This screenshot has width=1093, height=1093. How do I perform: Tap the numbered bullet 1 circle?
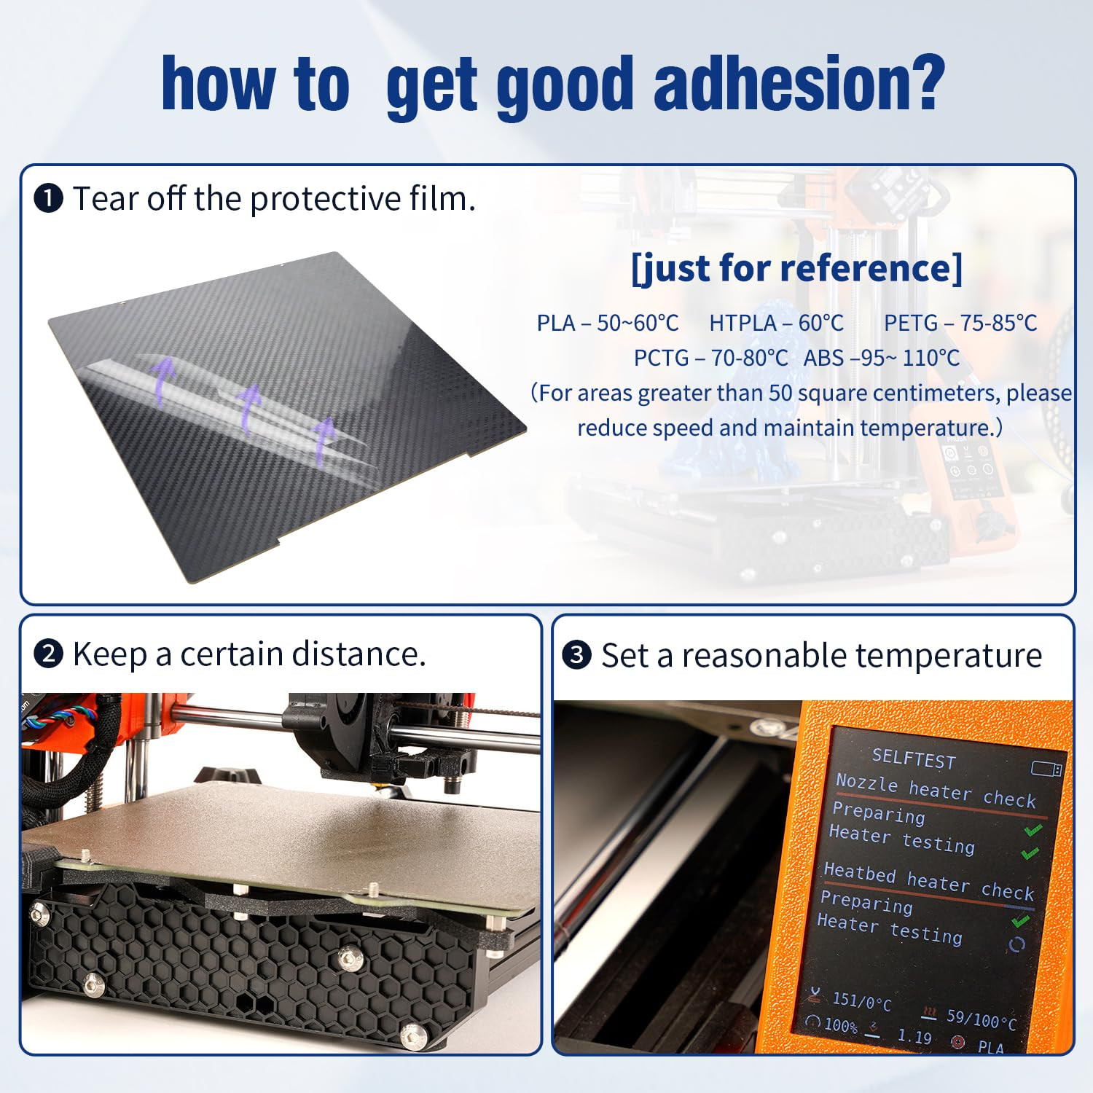click(x=49, y=199)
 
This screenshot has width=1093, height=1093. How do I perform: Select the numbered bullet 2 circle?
click(x=49, y=654)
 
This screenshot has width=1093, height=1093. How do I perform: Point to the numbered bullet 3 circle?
click(x=577, y=655)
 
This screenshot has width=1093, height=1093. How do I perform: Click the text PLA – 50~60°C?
click(x=608, y=323)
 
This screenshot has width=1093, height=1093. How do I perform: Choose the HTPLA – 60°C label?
click(x=777, y=323)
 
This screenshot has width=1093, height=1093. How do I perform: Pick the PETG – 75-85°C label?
click(x=960, y=323)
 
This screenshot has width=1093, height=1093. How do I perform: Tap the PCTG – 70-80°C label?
click(x=710, y=358)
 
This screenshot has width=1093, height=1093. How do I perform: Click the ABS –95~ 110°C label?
click(x=882, y=358)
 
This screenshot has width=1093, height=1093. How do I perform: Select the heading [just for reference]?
click(x=797, y=268)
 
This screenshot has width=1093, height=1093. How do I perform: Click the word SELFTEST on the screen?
click(x=914, y=759)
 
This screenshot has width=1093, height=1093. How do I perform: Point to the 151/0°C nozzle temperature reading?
click(x=861, y=1002)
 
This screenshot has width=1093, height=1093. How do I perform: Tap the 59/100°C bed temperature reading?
click(x=981, y=1019)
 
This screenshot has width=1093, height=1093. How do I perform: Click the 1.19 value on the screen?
click(x=914, y=1035)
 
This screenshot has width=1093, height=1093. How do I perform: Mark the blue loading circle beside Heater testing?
click(x=1016, y=945)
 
